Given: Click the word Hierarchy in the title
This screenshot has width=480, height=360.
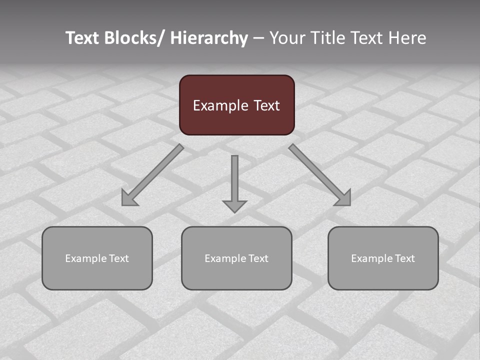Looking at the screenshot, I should pos(209,38).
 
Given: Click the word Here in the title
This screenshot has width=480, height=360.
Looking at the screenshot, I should pos(407,38).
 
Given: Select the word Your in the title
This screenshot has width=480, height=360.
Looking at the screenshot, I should pos(285,38).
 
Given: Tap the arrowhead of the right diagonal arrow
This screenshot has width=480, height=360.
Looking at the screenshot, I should pos(344,199).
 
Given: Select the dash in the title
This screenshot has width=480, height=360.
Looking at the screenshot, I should pos(258,38).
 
